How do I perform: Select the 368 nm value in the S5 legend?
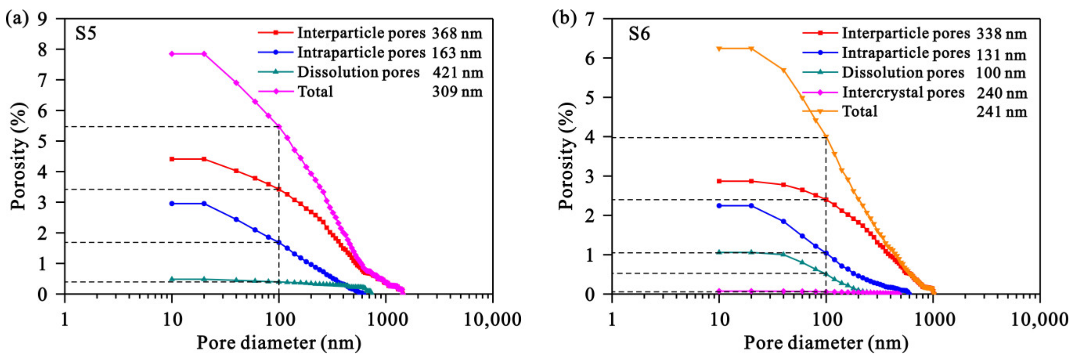click(457, 33)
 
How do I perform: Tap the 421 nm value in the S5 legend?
click(458, 72)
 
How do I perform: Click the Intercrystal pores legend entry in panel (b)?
click(903, 92)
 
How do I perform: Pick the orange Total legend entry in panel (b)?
click(859, 111)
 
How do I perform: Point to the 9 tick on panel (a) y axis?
click(43, 19)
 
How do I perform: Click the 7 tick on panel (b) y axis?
click(590, 19)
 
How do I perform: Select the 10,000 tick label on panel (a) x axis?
click(492, 320)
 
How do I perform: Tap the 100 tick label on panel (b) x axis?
click(826, 320)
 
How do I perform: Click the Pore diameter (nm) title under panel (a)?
click(279, 343)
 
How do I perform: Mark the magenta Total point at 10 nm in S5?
click(172, 54)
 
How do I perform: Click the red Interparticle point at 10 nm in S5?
click(172, 159)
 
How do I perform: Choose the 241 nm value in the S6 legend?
click(1001, 112)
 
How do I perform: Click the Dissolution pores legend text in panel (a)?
click(358, 72)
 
